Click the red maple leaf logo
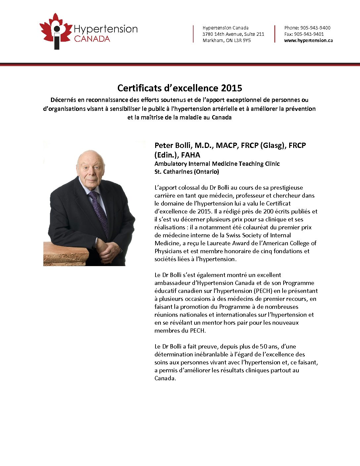[x=55, y=31]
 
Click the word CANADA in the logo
[x=92, y=39]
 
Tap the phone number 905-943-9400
[x=315, y=28]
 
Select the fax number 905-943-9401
[x=309, y=34]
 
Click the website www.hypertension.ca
[x=308, y=40]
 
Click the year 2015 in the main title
[x=231, y=88]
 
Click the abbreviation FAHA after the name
[x=191, y=155]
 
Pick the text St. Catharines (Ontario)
[x=187, y=172]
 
